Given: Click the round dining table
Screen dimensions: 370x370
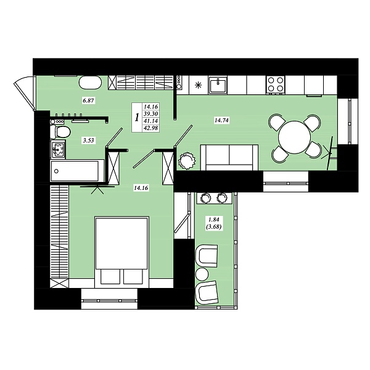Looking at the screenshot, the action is coord(294,138).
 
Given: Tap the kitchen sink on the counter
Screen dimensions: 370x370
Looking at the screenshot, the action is coord(218,84).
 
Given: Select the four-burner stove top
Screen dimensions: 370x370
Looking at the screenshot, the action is coord(276,84).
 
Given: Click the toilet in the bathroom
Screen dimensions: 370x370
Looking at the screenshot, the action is coord(60,131).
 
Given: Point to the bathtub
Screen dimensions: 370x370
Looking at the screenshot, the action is coord(77,171).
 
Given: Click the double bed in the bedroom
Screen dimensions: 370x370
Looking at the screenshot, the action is coord(121,252).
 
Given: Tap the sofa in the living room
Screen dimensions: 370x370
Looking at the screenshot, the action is coord(229,157).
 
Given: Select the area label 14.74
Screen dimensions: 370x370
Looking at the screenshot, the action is coord(221,120).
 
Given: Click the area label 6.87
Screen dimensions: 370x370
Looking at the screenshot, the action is coord(88,101).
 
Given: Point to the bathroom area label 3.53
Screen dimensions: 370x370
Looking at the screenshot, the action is coord(88,141).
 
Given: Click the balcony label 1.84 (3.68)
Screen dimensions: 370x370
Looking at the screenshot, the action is coord(214,223).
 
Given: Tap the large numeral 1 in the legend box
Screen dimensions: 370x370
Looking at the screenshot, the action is coord(137,117).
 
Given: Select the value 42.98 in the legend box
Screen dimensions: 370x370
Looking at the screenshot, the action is coord(151,128).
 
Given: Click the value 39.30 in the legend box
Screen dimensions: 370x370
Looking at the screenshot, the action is coord(151,114).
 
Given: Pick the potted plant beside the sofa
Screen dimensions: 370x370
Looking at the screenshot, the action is coord(187,161).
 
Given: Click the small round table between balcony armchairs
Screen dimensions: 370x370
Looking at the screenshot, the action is coord(202,274).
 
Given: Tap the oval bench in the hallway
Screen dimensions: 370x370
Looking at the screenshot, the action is coord(91,83).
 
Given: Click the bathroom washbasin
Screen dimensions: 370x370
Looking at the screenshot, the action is coord(57,149).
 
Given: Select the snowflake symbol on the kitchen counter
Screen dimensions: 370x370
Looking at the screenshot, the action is coord(199,85).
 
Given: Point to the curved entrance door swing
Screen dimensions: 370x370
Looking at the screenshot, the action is coord(23,92).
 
